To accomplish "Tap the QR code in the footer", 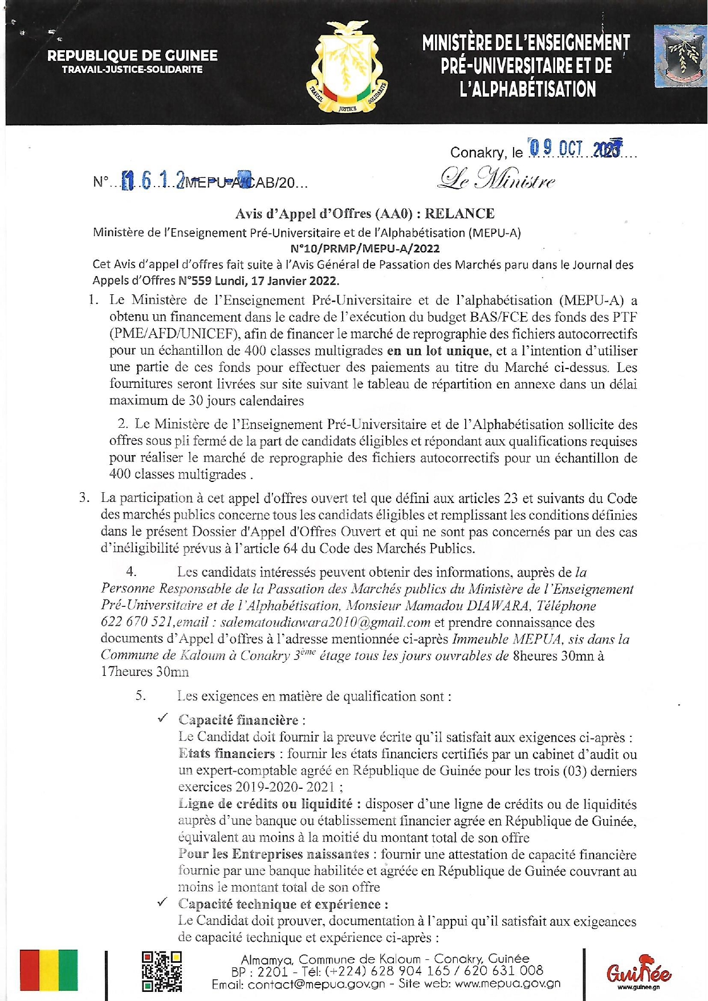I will point(161,971).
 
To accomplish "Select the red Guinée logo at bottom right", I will point(638,971).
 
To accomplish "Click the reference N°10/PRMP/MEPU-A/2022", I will point(365,249).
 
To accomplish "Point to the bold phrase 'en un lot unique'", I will point(438,351).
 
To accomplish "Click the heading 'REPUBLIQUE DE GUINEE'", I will point(132,56).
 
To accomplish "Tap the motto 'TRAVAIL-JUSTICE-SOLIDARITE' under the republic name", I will point(132,70).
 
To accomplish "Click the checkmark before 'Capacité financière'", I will point(163,718).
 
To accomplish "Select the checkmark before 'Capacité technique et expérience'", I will point(163,902).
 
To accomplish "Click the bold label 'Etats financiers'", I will point(227,753).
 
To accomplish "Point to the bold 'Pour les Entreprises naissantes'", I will point(274,854).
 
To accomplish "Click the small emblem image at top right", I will point(680,56).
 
